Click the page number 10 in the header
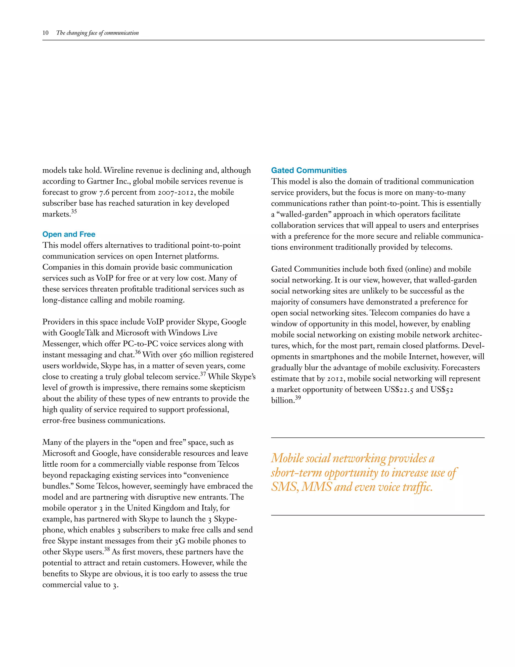46,33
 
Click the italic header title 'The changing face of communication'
97,33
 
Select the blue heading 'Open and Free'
69,234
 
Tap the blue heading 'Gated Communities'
309,170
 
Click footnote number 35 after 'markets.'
74,212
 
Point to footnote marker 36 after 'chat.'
138,352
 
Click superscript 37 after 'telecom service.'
203,374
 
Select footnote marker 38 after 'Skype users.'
107,549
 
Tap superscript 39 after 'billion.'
298,398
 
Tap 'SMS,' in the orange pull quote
285,487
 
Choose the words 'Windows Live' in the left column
193,333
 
